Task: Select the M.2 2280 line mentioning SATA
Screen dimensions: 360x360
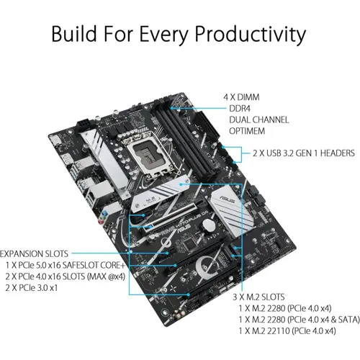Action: tap(290, 319)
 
